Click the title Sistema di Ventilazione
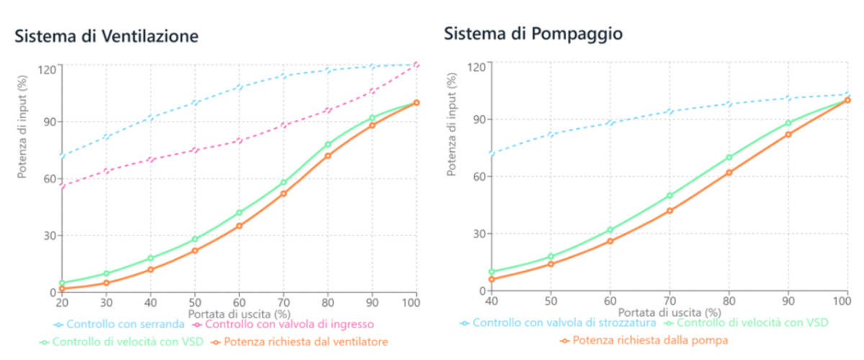(107, 36)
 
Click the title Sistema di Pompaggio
(533, 34)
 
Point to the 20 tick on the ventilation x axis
(62, 303)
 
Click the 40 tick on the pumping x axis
(492, 302)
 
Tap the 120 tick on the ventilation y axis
(48, 69)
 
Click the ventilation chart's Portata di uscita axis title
(238, 315)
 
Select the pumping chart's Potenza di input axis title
(452, 125)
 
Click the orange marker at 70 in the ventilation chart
(283, 193)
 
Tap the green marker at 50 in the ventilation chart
(194, 239)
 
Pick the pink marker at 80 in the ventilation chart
(328, 110)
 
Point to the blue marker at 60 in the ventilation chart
(239, 88)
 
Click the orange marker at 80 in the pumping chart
(729, 172)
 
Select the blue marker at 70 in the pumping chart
(670, 112)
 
